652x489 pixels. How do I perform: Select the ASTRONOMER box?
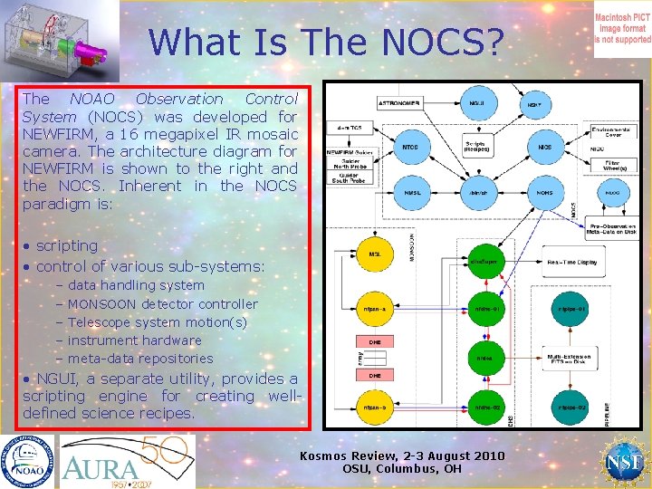pos(399,104)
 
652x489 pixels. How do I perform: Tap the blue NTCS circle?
pos(409,147)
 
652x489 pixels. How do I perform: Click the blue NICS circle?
pos(545,147)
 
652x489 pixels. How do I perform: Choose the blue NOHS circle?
pos(545,191)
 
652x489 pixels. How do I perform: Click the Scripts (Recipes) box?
pos(476,146)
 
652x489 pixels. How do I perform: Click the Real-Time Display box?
pos(573,262)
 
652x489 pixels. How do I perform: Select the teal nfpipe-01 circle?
pos(572,309)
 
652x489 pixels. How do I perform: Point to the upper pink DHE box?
pos(374,342)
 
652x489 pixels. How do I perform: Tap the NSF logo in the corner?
pos(623,461)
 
